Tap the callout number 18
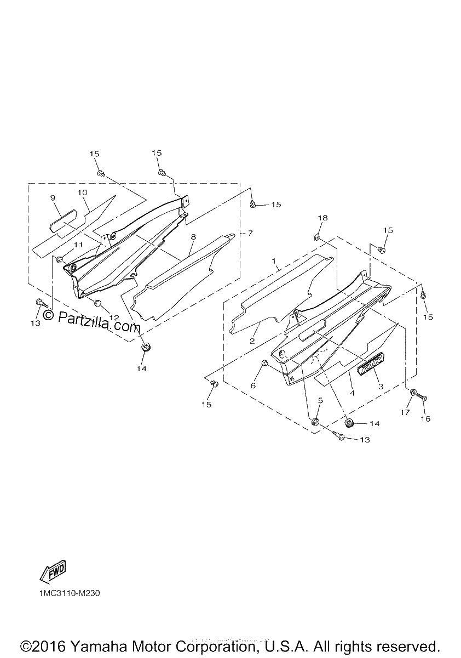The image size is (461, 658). (x=322, y=218)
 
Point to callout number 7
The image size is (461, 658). (x=250, y=233)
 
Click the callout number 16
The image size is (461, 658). (x=425, y=418)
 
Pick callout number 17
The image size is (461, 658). (x=405, y=412)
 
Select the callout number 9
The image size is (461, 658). (x=53, y=198)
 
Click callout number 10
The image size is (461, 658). (x=83, y=192)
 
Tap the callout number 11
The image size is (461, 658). (x=78, y=245)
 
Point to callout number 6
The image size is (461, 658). (x=253, y=385)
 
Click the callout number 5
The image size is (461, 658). (x=320, y=400)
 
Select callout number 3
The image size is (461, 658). (x=381, y=387)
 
